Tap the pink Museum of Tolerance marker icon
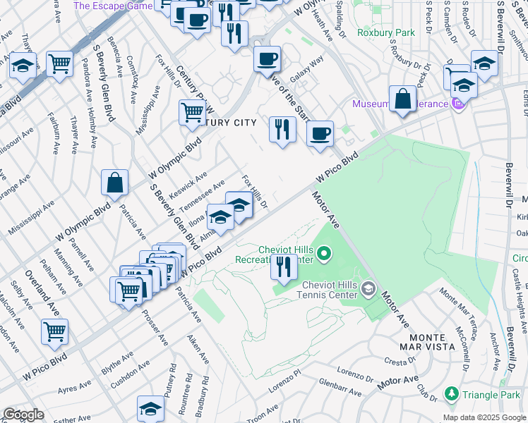[459, 104]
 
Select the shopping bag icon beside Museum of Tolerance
[402, 99]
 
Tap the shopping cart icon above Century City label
[192, 111]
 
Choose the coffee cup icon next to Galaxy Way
[267, 59]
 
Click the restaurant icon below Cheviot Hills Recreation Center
[284, 268]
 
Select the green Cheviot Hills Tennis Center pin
[368, 288]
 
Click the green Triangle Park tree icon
[451, 393]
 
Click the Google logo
[23, 415]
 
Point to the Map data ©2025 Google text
[484, 417]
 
